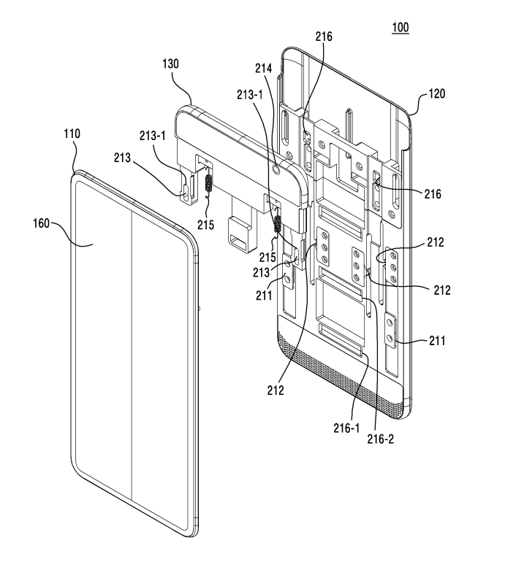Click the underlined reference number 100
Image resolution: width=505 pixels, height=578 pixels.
[400, 28]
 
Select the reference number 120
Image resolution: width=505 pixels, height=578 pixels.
[436, 94]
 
